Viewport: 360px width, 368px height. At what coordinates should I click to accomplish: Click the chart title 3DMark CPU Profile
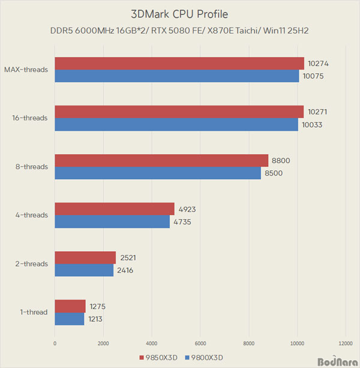pos(179,14)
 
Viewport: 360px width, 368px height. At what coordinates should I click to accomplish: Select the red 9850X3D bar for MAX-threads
pos(179,64)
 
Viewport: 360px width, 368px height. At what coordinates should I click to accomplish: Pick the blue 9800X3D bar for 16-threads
pos(176,125)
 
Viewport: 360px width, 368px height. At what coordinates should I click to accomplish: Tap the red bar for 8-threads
pos(161,161)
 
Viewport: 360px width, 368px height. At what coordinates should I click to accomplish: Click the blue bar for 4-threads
pos(112,222)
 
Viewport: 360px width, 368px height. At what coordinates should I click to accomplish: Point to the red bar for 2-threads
pos(85,258)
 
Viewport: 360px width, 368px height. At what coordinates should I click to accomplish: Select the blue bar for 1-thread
pos(69,319)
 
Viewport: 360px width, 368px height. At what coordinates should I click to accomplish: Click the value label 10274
pos(319,64)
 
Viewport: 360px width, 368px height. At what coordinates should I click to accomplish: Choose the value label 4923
pos(187,209)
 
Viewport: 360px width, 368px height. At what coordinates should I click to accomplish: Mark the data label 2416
pos(125,270)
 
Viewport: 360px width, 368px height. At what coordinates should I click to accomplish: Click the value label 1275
pos(97,307)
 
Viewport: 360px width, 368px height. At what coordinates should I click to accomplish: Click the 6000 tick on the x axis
pos(200,343)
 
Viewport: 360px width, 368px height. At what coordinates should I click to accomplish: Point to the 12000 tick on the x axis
pos(344,343)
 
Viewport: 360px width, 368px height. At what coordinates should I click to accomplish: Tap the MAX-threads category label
pos(26,70)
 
